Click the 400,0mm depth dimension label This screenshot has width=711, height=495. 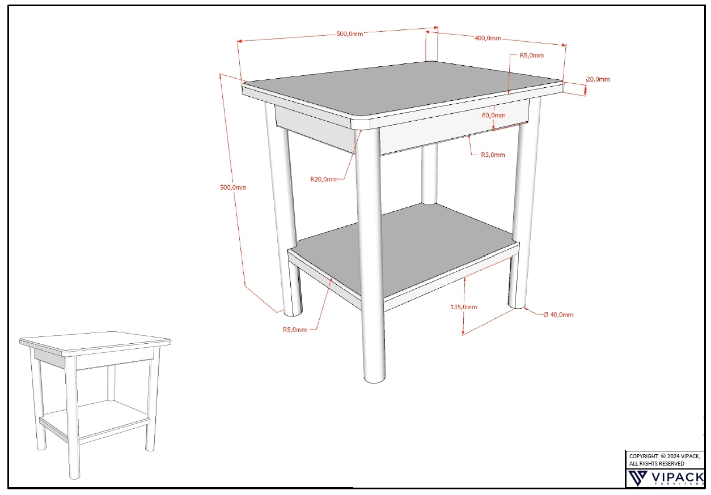click(x=488, y=38)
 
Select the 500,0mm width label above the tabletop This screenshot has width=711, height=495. click(x=350, y=33)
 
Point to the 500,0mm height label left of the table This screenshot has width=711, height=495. click(x=233, y=187)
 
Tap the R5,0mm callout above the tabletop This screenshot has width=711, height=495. click(x=532, y=55)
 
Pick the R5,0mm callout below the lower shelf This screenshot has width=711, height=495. click(x=295, y=330)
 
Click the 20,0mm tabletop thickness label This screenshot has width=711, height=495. click(x=598, y=79)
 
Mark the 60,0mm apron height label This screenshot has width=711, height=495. click(x=494, y=115)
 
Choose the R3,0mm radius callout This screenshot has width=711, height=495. click(x=493, y=155)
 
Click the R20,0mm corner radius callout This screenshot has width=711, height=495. click(x=324, y=180)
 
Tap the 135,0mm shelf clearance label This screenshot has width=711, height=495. click(x=464, y=307)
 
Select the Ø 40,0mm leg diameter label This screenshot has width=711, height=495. click(x=558, y=314)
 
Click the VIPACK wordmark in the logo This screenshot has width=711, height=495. click(x=678, y=477)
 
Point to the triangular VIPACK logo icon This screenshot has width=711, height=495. click(x=637, y=477)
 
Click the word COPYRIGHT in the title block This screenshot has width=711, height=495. click(x=644, y=456)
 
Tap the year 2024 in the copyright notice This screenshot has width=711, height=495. click(x=673, y=456)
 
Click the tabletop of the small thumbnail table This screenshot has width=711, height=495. click(x=95, y=341)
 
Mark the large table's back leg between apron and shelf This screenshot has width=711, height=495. click(x=429, y=174)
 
